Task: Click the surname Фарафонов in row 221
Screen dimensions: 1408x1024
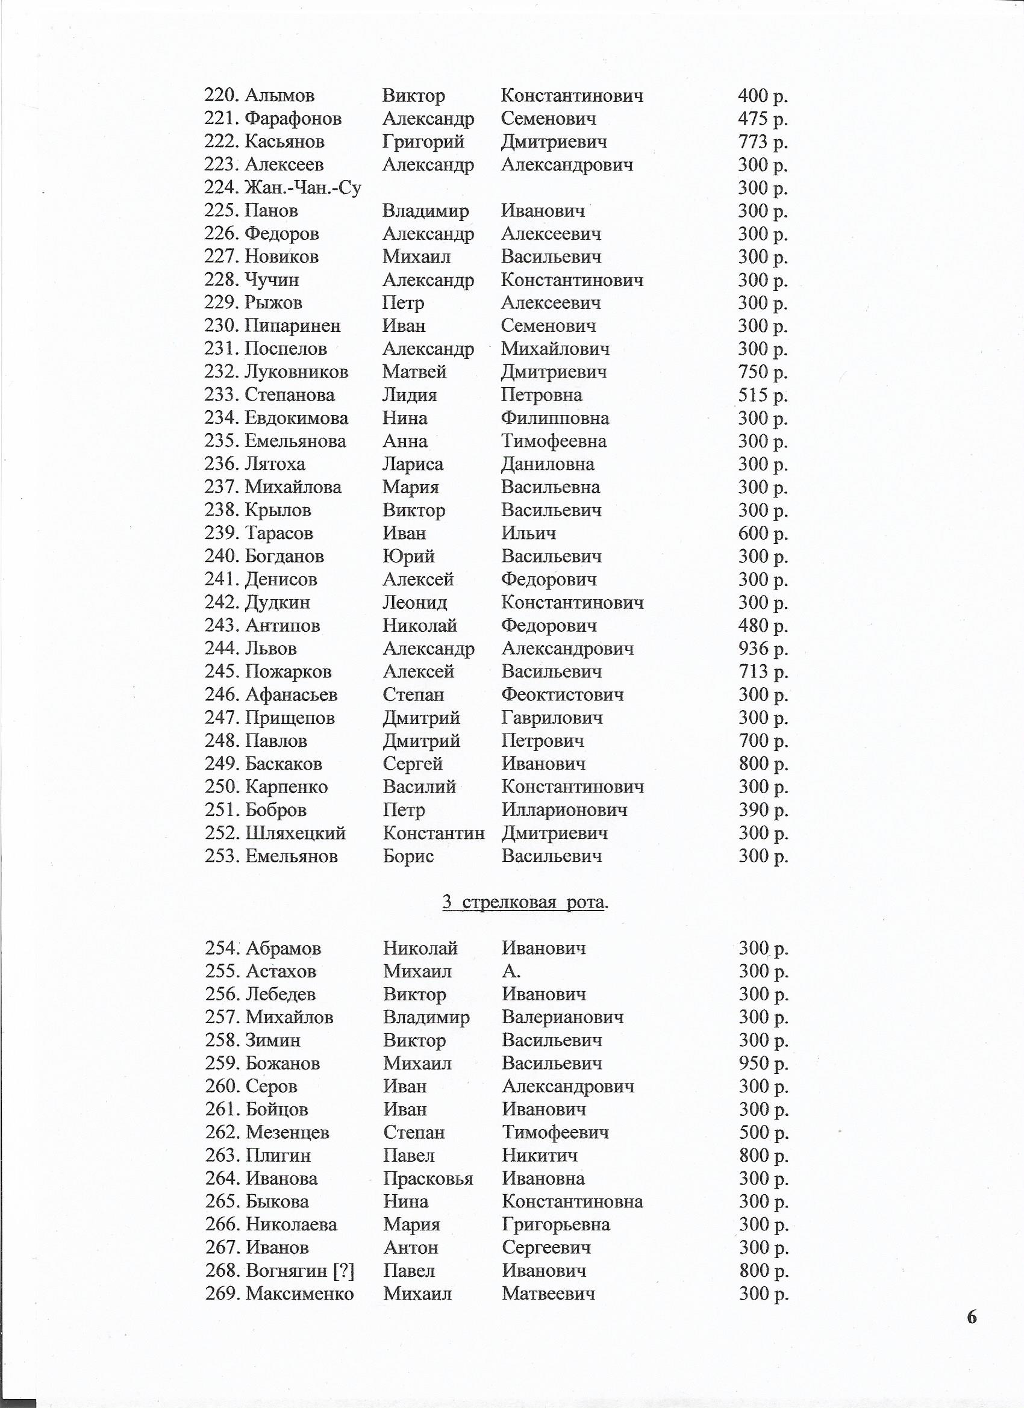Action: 293,119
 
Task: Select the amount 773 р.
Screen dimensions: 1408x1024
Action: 763,142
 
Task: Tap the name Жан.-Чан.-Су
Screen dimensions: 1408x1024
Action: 303,187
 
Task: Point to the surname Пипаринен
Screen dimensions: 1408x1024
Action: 293,326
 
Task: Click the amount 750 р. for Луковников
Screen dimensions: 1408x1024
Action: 763,372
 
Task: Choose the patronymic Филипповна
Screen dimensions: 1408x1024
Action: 555,419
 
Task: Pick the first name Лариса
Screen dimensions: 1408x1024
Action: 413,464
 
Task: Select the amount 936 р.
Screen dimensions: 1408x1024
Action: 763,649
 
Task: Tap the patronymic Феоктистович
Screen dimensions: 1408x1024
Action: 562,695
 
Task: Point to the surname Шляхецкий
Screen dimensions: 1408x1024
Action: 296,833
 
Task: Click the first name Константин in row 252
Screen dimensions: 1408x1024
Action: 434,833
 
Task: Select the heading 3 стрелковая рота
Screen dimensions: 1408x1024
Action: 525,902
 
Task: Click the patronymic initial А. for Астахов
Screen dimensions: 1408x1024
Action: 511,971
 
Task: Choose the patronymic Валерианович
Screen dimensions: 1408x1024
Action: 563,1017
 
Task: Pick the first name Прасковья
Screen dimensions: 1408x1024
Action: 428,1179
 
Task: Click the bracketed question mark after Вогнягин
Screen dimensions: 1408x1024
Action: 343,1271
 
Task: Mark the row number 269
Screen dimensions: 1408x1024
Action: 223,1294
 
